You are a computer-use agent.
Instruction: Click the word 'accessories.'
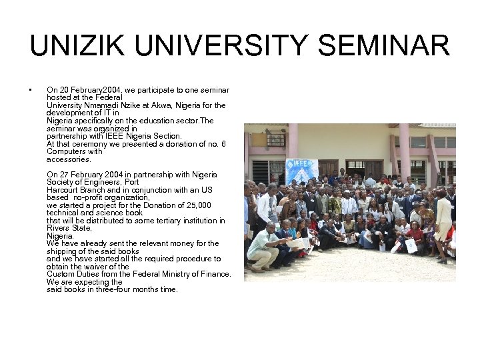click(x=69, y=160)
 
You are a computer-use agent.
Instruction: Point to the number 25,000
click(x=197, y=205)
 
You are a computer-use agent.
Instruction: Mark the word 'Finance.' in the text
click(x=214, y=274)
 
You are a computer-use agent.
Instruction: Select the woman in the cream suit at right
click(x=443, y=220)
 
